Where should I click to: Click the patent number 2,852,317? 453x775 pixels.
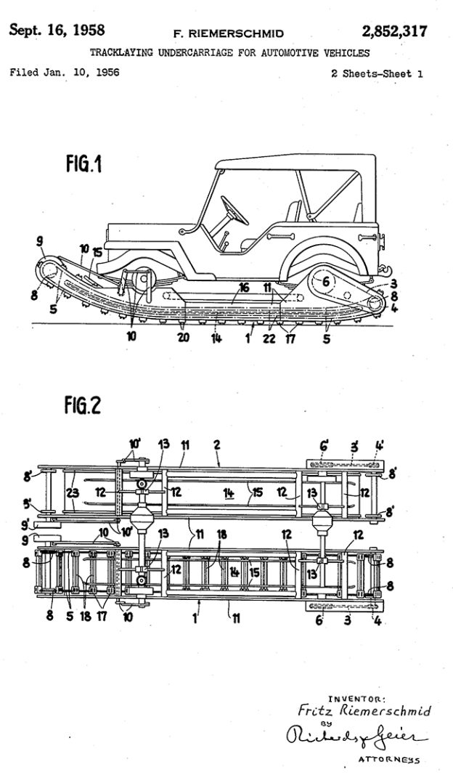click(394, 31)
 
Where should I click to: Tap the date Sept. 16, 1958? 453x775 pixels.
click(57, 31)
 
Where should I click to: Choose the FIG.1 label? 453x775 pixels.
click(83, 165)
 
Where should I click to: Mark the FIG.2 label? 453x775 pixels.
click(82, 407)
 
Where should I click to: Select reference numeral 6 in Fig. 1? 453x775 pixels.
click(326, 282)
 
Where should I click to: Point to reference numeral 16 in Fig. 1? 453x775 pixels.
click(245, 288)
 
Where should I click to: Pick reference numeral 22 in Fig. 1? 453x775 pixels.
click(269, 338)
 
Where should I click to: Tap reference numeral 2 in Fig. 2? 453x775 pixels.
click(216, 442)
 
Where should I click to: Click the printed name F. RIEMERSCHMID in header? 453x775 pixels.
click(228, 33)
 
